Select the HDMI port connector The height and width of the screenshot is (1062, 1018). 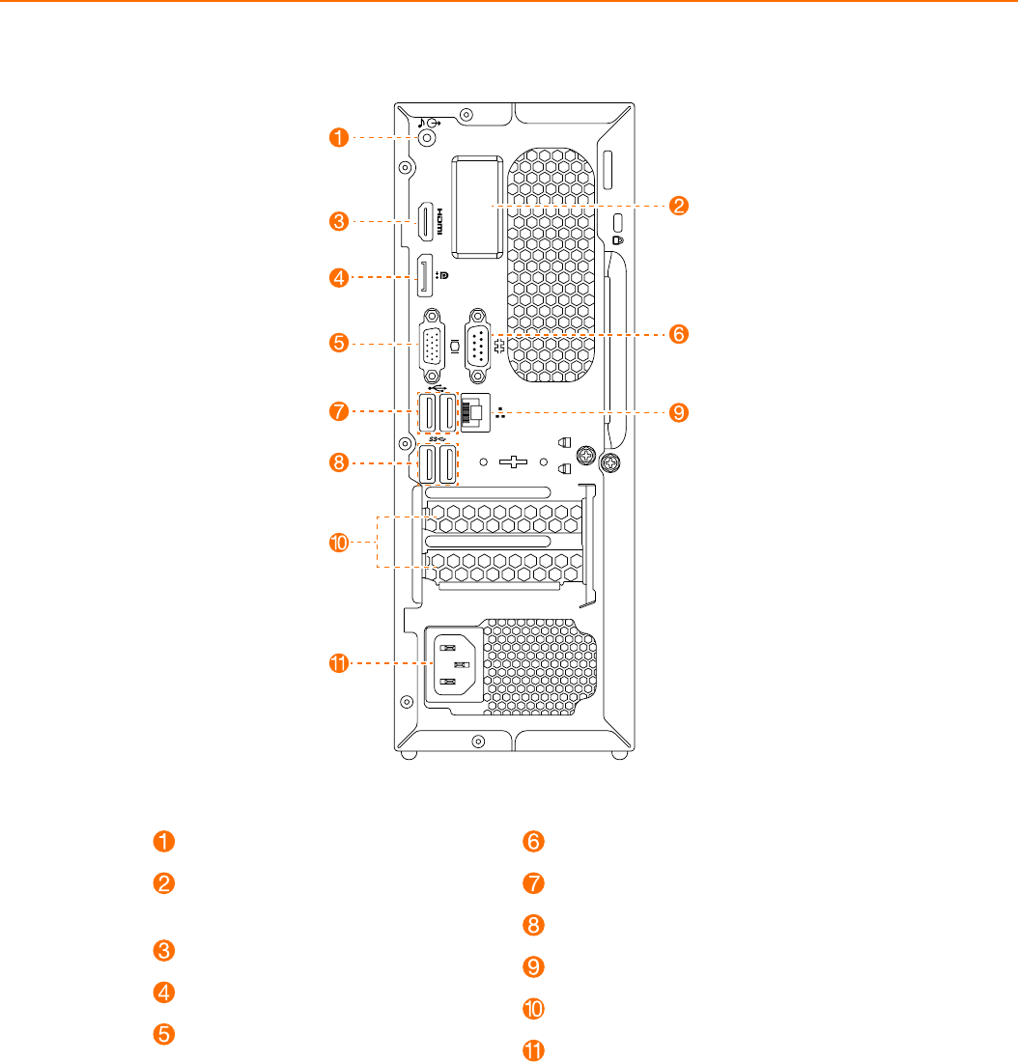coord(424,222)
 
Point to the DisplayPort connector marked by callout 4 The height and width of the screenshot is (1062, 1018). coord(424,276)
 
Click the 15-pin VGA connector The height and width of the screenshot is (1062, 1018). coord(431,344)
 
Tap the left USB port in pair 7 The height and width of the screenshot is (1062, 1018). coord(427,413)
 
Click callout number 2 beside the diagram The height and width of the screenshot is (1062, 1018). coord(680,206)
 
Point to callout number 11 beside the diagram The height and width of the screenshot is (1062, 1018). coord(338,663)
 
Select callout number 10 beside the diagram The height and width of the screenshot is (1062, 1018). coord(338,545)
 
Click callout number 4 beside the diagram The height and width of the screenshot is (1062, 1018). coord(338,278)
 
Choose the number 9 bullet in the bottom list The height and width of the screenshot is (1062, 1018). coord(534,966)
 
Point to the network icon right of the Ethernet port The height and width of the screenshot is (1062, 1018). coord(499,412)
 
